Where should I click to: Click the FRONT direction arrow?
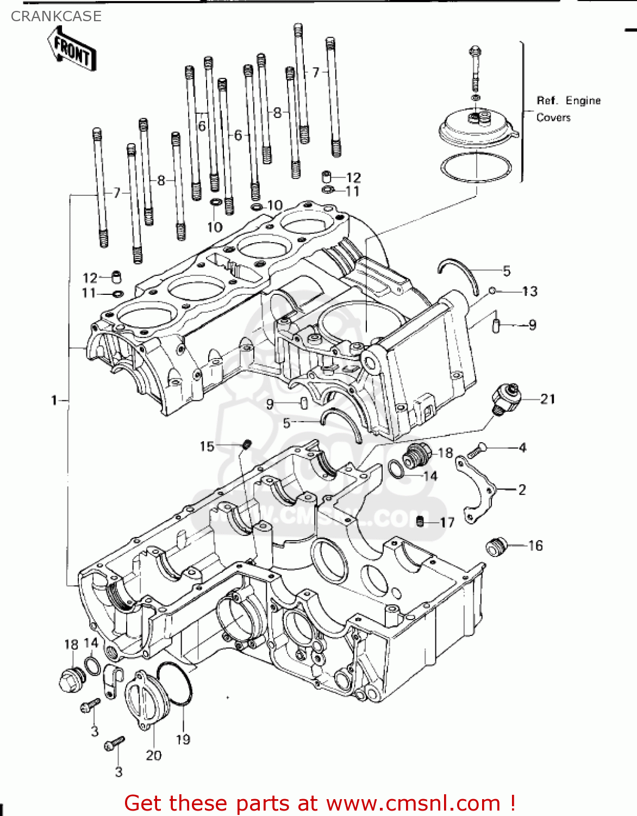[72, 50]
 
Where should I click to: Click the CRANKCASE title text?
[56, 16]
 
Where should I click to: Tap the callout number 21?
[548, 399]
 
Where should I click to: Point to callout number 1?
[54, 401]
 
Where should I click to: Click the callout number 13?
[530, 292]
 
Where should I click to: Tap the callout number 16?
[535, 546]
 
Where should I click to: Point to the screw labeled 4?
[476, 450]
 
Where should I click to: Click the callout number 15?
[207, 447]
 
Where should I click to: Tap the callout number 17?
[447, 523]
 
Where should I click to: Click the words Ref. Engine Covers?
[568, 109]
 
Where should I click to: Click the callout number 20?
[154, 755]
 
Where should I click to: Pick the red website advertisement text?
[320, 803]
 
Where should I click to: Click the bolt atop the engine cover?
[475, 65]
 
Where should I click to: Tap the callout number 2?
[522, 490]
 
